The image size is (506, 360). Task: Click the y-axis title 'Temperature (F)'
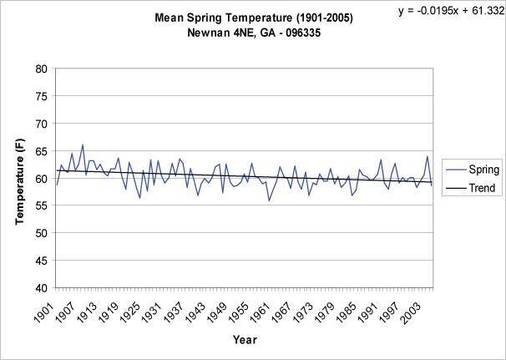pyautogui.click(x=20, y=178)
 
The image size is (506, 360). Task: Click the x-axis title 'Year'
pyautogui.click(x=245, y=340)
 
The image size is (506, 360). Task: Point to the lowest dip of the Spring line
pyautogui.click(x=269, y=200)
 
